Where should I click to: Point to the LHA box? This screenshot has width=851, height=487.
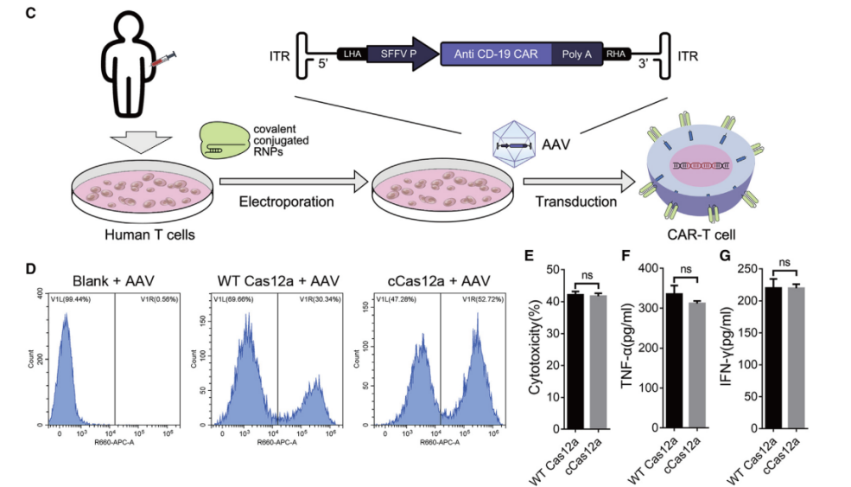[352, 54]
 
